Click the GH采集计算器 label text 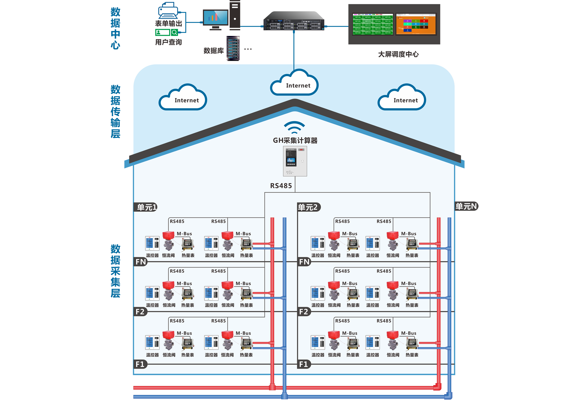click(x=295, y=141)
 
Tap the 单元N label click(x=466, y=206)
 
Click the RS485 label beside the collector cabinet click(x=281, y=186)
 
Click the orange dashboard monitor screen click(x=416, y=24)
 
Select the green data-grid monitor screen click(x=373, y=24)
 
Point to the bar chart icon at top click(x=216, y=17)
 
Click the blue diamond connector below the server click(x=294, y=47)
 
